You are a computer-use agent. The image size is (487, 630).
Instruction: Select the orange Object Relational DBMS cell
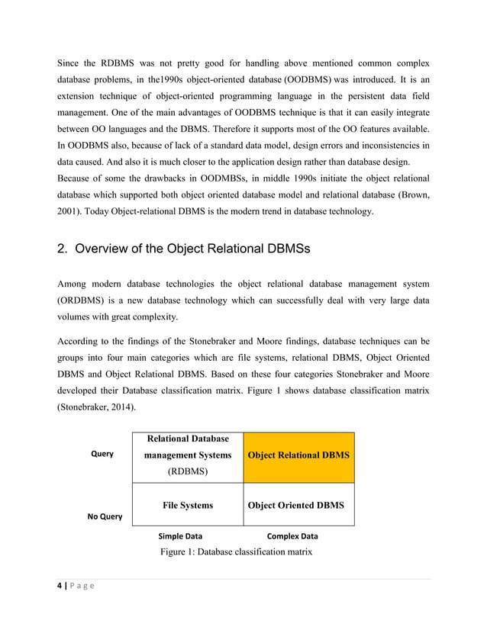[x=298, y=455]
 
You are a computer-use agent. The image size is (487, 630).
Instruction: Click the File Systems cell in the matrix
[x=188, y=505]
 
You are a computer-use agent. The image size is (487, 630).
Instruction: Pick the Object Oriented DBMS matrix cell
[x=298, y=505]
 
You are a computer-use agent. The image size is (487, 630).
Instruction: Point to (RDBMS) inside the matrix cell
[x=188, y=471]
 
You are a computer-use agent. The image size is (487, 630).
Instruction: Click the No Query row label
[x=105, y=516]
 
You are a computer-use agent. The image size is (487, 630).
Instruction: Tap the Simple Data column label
[x=180, y=536]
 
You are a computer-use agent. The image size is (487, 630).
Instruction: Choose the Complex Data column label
[x=292, y=536]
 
